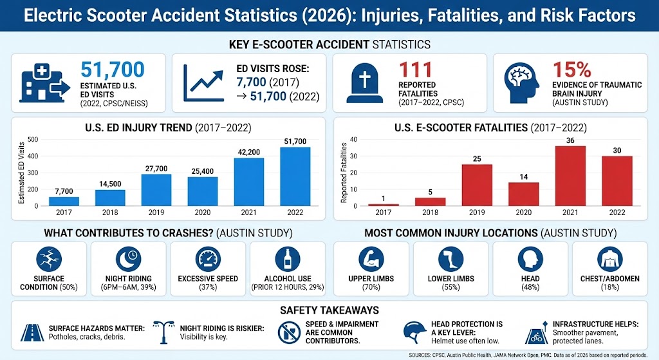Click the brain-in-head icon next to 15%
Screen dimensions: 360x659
click(523, 82)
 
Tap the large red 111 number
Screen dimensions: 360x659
click(416, 70)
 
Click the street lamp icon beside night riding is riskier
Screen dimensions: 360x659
click(164, 331)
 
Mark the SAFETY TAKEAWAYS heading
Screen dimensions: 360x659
click(329, 310)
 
